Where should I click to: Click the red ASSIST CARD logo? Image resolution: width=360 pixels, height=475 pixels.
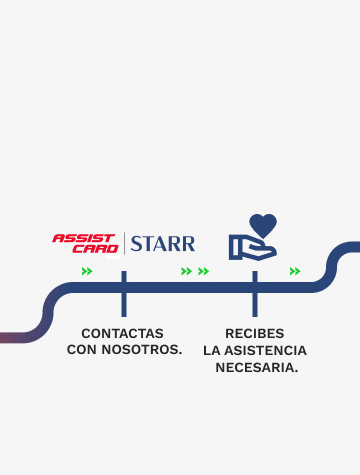point(84,242)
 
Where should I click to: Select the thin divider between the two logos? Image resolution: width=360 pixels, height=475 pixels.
point(124,243)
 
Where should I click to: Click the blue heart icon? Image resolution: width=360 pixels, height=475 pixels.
point(262,225)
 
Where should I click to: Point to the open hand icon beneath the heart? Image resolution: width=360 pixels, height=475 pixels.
point(251,246)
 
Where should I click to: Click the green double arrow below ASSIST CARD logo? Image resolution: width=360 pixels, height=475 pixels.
point(87,271)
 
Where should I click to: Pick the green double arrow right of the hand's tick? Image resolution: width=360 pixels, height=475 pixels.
point(294,271)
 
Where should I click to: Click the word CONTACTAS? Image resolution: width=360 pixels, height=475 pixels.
point(122,333)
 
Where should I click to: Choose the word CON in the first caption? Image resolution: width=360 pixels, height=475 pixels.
point(82,350)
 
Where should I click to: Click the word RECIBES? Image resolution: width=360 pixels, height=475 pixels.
point(255,333)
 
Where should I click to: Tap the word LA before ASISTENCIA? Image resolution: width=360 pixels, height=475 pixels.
point(212,350)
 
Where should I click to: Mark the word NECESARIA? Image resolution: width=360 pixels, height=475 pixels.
point(255,367)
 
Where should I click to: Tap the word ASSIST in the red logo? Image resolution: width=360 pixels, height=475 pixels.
point(85,237)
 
